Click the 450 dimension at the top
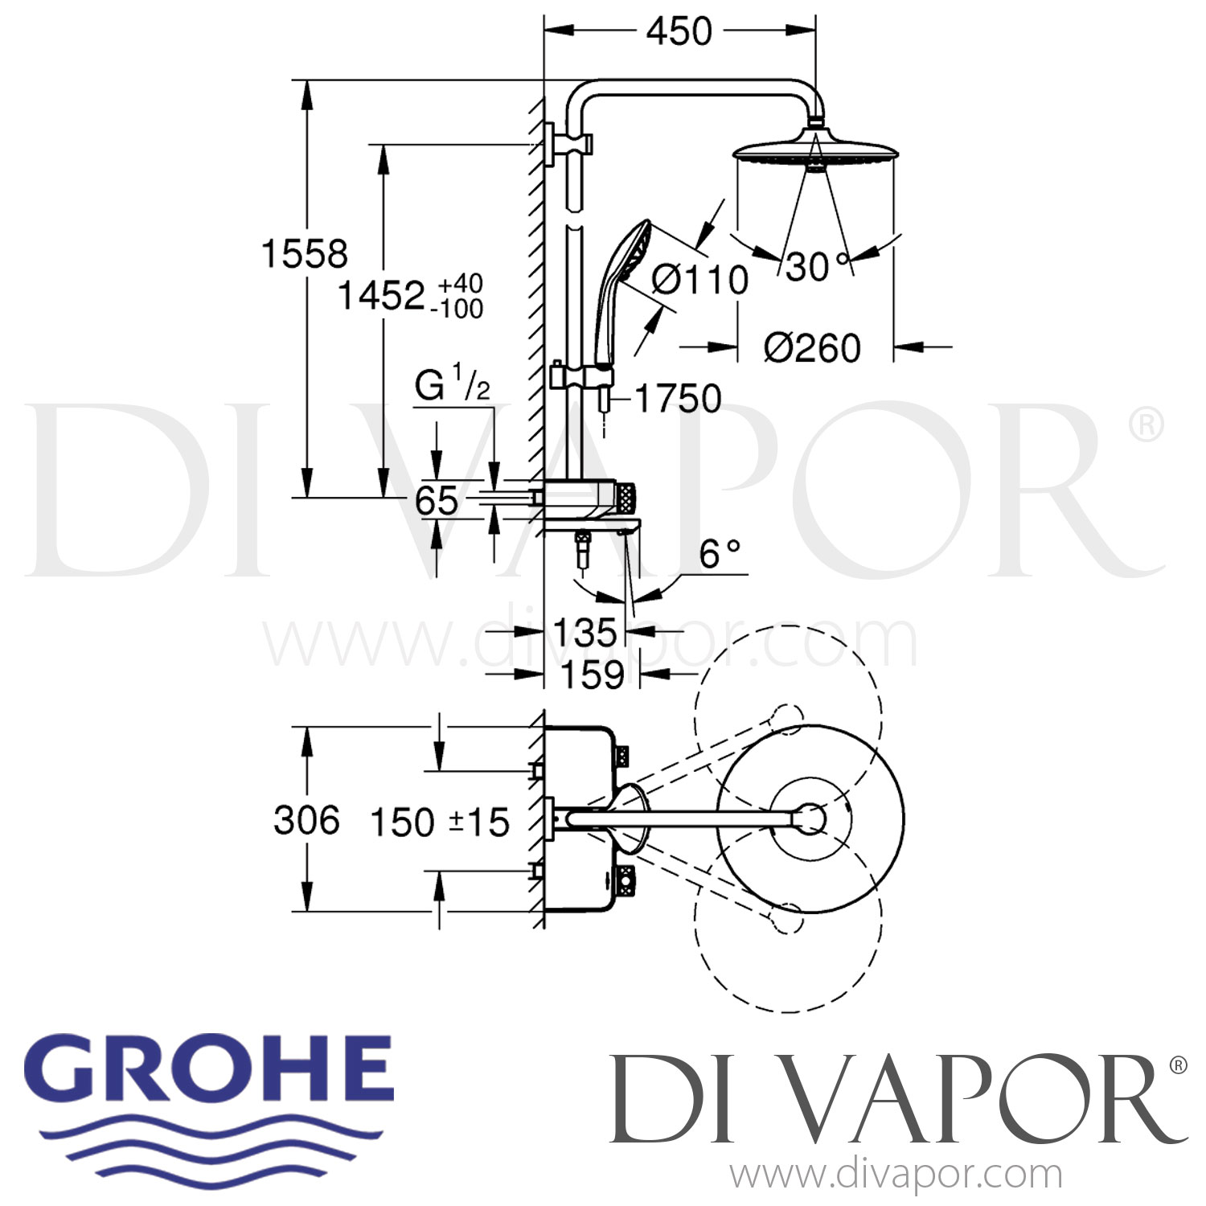(x=679, y=32)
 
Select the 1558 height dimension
(x=305, y=255)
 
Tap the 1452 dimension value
(x=380, y=296)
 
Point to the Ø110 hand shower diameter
(x=699, y=281)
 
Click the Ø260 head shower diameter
(x=811, y=348)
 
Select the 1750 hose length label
(x=679, y=399)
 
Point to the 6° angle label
(x=719, y=555)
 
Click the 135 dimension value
(x=585, y=634)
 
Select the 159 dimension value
(x=593, y=675)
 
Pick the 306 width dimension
(x=306, y=821)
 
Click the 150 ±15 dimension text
(x=439, y=822)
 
